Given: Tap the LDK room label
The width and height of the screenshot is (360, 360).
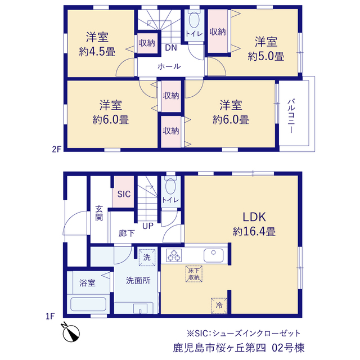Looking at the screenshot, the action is point(254,217).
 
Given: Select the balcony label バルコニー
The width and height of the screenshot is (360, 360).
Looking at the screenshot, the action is point(291,116).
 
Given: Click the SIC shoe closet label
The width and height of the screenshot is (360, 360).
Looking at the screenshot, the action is point(124,194).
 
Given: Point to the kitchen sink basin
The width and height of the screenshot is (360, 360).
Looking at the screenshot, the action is point(214,255).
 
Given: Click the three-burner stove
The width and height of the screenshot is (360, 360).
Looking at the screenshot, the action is point(174,255).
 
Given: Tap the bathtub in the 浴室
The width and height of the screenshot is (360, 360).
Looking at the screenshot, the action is point(88,304).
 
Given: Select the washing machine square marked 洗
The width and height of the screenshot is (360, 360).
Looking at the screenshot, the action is point(147,258).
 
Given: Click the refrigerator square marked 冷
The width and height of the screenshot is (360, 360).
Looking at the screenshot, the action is point(219,305).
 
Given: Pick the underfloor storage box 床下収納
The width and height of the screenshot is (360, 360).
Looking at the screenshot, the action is point(194,274).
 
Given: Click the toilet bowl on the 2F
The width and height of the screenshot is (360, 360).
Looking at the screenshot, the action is point(194,20).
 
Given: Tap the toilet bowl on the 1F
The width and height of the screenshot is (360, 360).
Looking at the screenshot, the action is point(170,186).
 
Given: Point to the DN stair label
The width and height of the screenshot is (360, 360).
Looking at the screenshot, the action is point(171,48).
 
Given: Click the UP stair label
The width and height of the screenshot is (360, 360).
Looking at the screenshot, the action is point(147,226).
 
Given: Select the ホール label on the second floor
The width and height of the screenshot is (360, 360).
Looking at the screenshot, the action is point(169,66).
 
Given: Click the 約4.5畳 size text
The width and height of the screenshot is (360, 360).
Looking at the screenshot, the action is point(97,52).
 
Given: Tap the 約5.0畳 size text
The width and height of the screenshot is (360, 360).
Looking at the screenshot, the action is point(266,56).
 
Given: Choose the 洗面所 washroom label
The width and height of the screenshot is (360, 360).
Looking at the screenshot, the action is point(138,281).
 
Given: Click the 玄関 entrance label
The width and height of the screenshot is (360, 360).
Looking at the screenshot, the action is point(99,213).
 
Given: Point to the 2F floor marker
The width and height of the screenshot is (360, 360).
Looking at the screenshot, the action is point(57,150).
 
